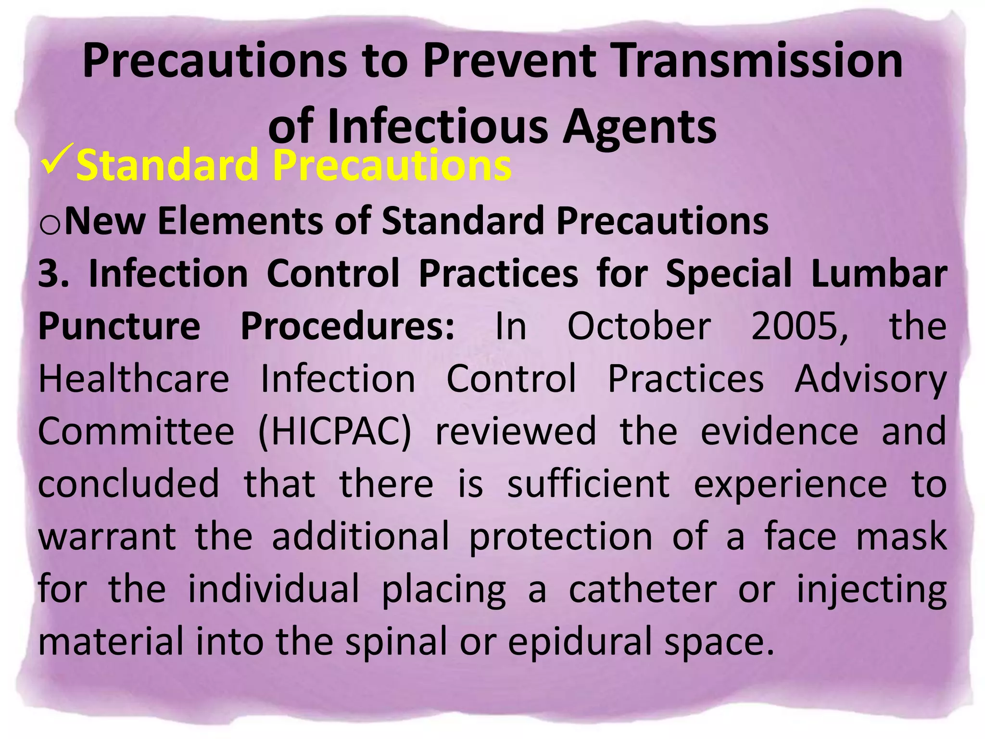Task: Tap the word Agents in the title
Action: tap(639, 127)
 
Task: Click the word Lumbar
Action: tap(879, 274)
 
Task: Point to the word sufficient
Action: tap(588, 484)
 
